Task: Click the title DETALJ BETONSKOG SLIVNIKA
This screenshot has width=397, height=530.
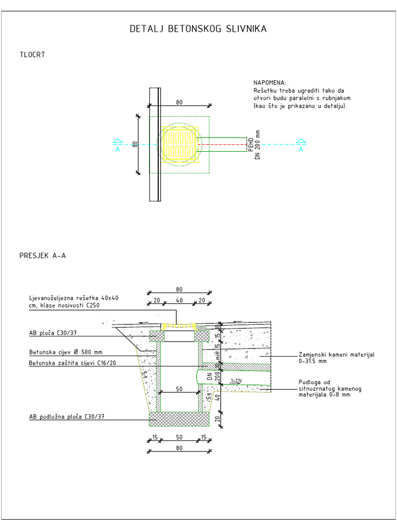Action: pos(198,29)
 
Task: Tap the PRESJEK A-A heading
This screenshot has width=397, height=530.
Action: pos(42,255)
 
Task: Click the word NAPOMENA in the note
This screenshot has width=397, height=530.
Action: pos(269,83)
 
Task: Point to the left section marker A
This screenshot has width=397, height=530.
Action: pos(118,146)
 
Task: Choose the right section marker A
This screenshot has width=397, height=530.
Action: pos(301,146)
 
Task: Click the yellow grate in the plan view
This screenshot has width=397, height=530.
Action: pos(179,144)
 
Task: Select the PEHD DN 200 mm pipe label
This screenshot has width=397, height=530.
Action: pos(254,144)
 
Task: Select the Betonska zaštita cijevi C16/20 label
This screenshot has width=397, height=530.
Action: pos(72,363)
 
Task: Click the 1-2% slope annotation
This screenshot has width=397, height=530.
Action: pos(236,381)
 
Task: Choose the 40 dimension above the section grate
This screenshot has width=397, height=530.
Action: pos(179,300)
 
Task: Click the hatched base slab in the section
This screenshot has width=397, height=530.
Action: pos(179,418)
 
